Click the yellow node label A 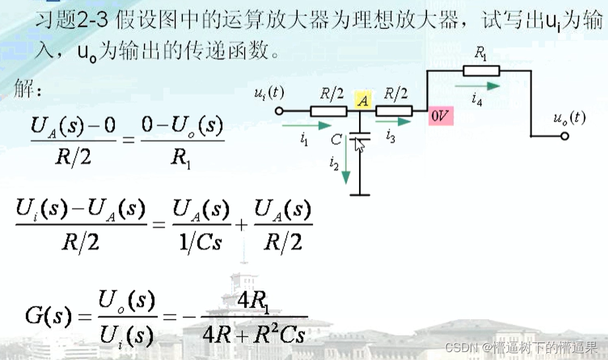point(362,100)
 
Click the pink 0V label point(441,116)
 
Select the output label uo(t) point(568,118)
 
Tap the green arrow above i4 point(485,85)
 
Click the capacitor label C point(337,141)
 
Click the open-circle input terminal point(279,111)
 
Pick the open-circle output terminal point(564,136)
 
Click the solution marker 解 point(27,89)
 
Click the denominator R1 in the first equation point(183,159)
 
